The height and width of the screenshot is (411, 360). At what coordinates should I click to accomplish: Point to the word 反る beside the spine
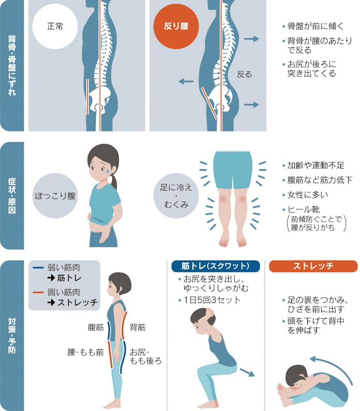click(x=244, y=74)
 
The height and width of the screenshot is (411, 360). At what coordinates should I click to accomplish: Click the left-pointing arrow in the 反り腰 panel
click(x=186, y=81)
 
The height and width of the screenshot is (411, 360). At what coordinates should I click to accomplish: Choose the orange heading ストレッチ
click(x=313, y=266)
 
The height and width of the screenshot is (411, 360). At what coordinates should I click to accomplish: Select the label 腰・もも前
click(x=85, y=351)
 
